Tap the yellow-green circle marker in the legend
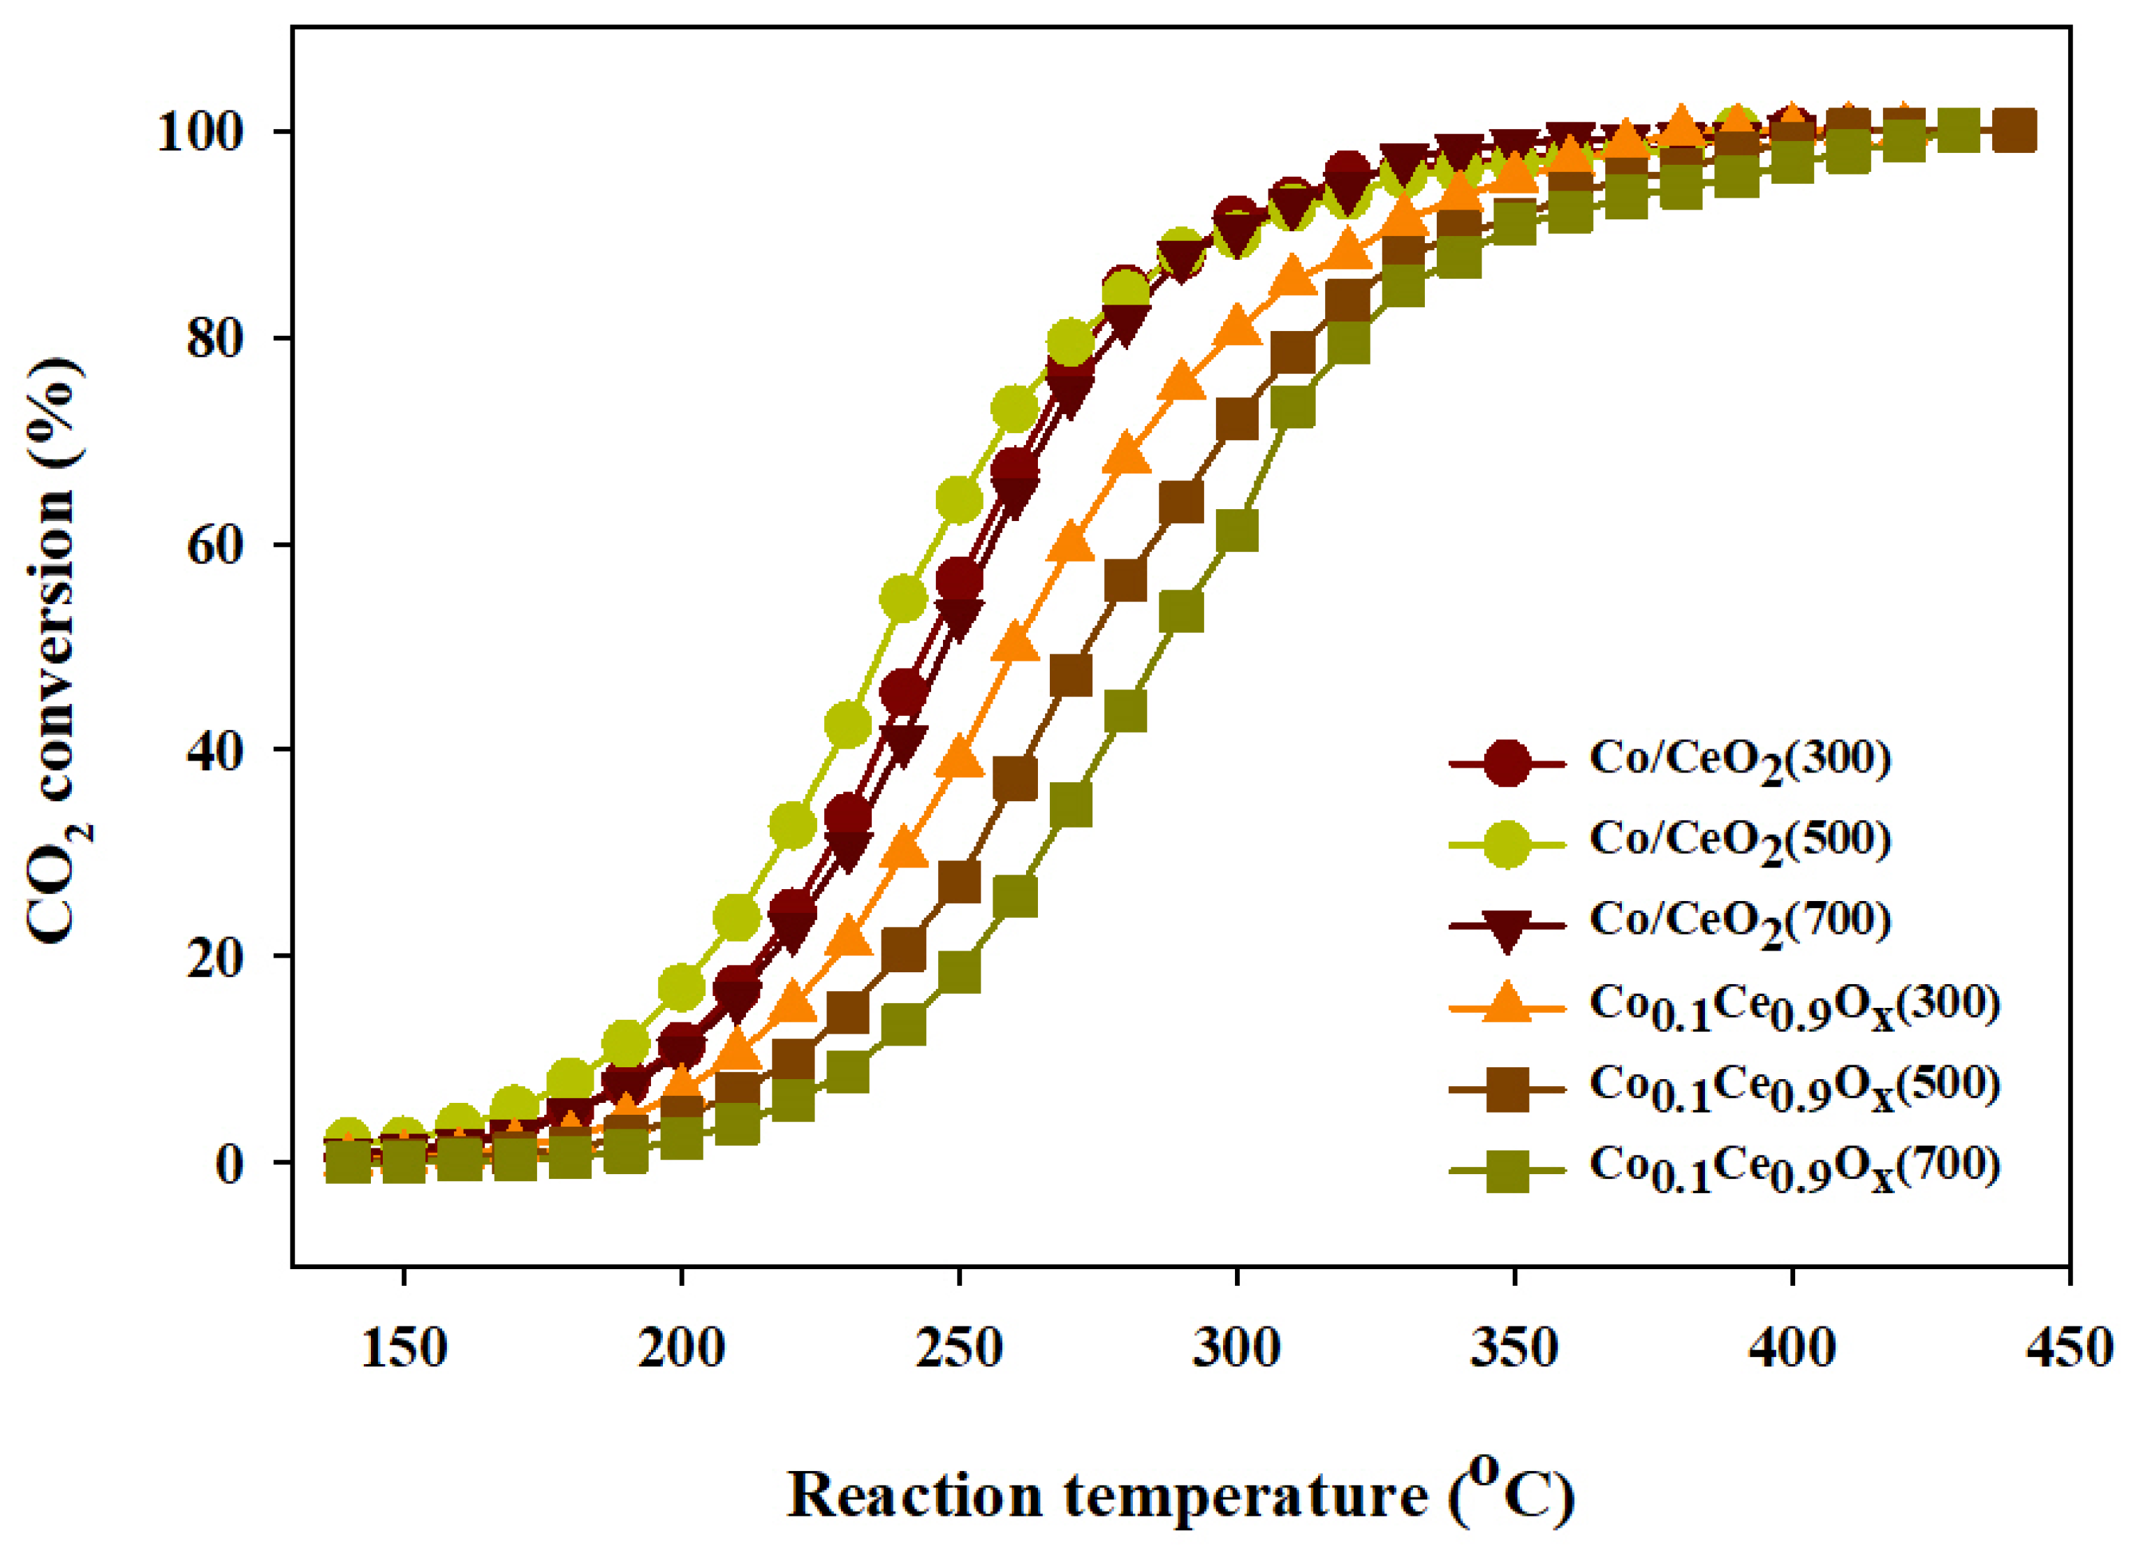(x=1507, y=842)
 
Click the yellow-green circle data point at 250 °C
(x=958, y=500)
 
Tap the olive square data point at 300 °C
(x=1236, y=531)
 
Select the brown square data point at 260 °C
(x=1015, y=778)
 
